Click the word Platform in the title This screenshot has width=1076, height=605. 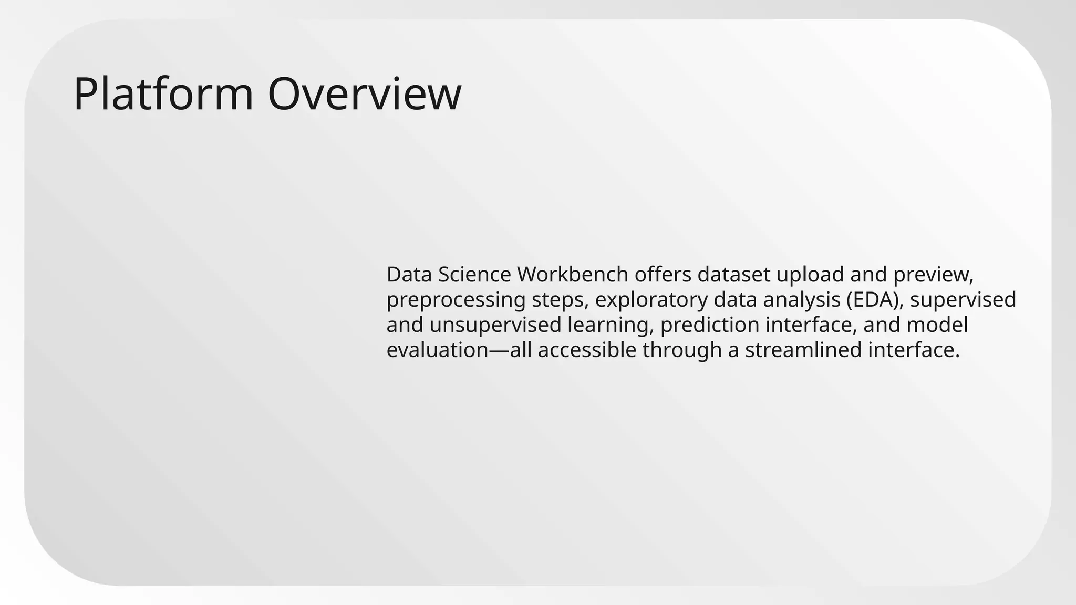(x=163, y=95)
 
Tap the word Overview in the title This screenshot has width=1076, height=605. (x=365, y=95)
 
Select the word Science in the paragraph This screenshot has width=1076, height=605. (x=474, y=275)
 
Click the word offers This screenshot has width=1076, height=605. (x=663, y=275)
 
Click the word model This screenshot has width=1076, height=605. (x=937, y=325)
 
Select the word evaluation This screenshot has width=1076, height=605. (x=438, y=350)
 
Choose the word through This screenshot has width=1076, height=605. (x=682, y=350)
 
